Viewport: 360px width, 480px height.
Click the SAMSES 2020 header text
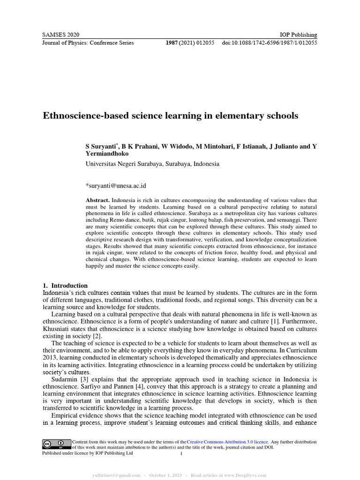(x=61, y=35)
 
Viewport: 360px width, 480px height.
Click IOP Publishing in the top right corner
(x=298, y=35)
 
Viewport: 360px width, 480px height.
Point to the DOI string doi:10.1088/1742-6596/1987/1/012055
(x=270, y=43)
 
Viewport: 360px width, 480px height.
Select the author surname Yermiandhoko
(x=107, y=154)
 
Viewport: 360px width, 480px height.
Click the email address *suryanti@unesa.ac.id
(x=116, y=186)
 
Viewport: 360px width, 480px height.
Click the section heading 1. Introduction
(x=65, y=285)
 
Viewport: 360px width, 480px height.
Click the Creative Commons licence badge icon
(x=53, y=444)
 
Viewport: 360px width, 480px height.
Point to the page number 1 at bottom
(x=181, y=454)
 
